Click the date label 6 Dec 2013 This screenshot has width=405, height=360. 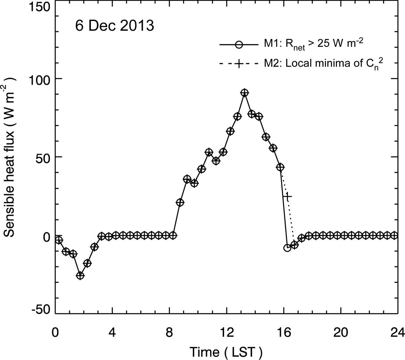(115, 26)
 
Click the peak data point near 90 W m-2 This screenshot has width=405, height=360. (244, 93)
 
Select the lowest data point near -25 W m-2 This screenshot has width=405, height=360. (80, 275)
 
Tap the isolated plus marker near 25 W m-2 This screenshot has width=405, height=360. (287, 196)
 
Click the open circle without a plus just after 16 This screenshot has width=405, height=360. (287, 248)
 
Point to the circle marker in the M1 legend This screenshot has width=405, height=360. (238, 44)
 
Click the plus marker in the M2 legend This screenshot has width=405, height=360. (238, 64)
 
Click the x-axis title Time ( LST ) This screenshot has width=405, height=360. (226, 352)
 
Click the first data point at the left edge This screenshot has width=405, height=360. (59, 240)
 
